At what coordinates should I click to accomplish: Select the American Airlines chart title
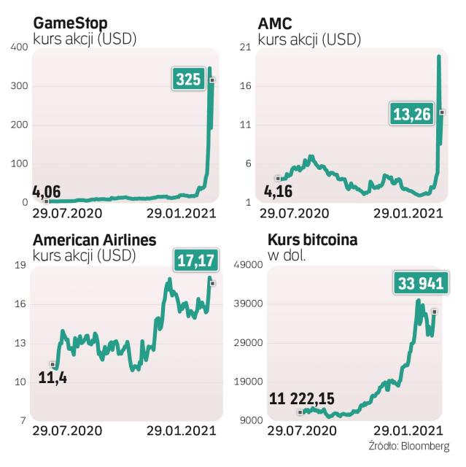(x=94, y=240)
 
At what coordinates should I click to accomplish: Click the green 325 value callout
(x=188, y=79)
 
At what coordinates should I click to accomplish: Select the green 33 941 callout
(x=419, y=283)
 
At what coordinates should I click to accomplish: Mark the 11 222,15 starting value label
(x=300, y=398)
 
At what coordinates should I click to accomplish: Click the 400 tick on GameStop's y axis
(x=19, y=47)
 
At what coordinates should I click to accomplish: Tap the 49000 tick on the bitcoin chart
(x=249, y=266)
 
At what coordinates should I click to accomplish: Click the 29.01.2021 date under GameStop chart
(x=182, y=215)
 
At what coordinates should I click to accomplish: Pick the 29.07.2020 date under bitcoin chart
(x=294, y=431)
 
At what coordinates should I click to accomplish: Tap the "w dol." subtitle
(x=284, y=255)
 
